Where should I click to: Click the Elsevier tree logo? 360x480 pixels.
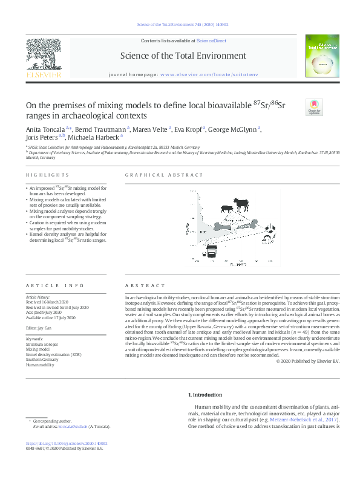coord(43,55)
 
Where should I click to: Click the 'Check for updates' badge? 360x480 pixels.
coord(315,107)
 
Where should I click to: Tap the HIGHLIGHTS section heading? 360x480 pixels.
coord(41,175)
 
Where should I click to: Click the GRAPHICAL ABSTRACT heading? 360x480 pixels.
coord(164,175)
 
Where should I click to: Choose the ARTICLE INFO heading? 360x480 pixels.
coord(47,285)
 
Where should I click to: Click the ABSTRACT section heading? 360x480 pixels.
coord(145,285)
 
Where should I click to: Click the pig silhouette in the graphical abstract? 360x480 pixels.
coord(227,209)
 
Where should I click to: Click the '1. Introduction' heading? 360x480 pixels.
coord(205,395)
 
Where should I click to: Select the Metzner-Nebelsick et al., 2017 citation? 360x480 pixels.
coord(307,420)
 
